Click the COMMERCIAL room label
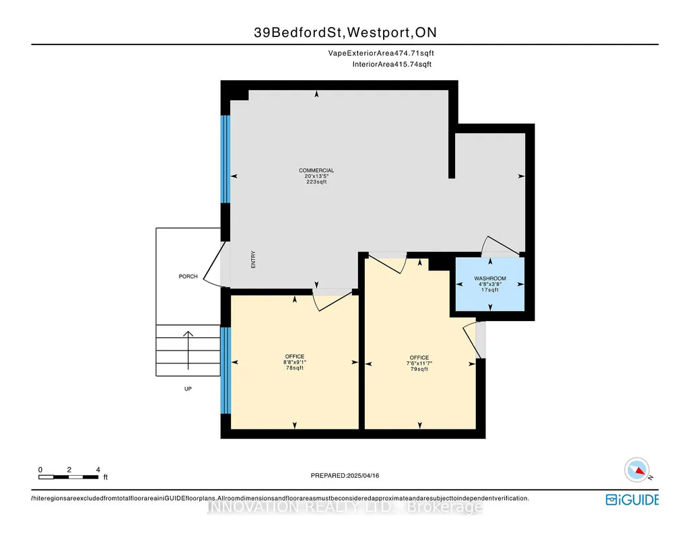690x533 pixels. point(316,170)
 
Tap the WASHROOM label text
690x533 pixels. point(490,279)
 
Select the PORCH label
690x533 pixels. point(188,277)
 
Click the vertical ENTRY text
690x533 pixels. point(253,260)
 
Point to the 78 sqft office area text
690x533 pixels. point(295,368)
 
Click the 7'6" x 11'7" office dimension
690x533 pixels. point(419,363)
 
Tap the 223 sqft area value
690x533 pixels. point(316,182)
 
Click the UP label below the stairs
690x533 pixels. point(188,389)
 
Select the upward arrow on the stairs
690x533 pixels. point(188,351)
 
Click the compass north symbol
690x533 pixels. point(637,470)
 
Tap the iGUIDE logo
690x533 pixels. point(632,500)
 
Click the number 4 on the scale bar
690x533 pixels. point(98,470)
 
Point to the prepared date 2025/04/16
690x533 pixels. point(363,475)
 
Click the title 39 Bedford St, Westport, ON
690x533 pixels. point(345,32)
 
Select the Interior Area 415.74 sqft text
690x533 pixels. point(392,64)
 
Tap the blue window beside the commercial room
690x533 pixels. point(226,159)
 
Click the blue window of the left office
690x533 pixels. point(226,370)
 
